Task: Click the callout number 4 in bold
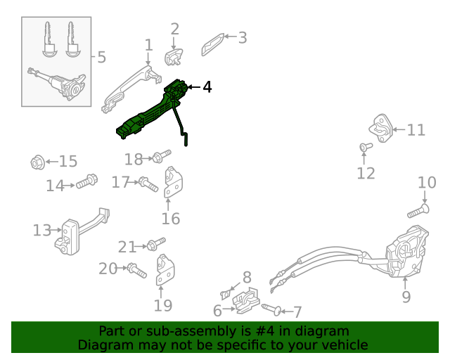pos(207,86)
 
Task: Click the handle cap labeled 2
pos(174,57)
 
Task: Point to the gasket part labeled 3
pos(212,44)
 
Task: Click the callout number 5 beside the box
pos(101,57)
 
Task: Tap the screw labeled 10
pos(418,212)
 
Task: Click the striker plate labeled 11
pos(381,128)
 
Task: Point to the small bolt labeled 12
pos(366,147)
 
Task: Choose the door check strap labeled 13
pos(82,231)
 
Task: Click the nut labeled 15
pos(37,162)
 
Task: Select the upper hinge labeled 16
pos(174,182)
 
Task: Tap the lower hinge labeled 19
pos(165,270)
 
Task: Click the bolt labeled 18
pos(162,156)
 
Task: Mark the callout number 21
pos(127,247)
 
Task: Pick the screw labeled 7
pos(272,309)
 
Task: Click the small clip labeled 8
pos(225,295)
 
